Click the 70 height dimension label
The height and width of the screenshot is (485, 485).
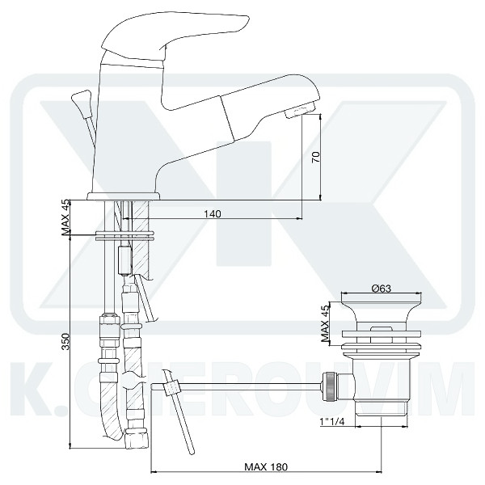click(x=315, y=157)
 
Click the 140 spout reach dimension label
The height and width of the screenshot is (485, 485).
click(x=213, y=213)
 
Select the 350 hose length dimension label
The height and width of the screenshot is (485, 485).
click(x=65, y=341)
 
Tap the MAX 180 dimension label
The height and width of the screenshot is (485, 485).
click(x=266, y=466)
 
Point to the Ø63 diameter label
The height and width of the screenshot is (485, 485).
click(x=382, y=289)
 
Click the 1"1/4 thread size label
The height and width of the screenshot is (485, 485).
click(x=332, y=422)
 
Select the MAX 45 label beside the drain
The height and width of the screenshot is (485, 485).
click(x=325, y=323)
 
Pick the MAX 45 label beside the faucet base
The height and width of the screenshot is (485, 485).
click(x=65, y=217)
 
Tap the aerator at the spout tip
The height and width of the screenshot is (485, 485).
click(x=299, y=110)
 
